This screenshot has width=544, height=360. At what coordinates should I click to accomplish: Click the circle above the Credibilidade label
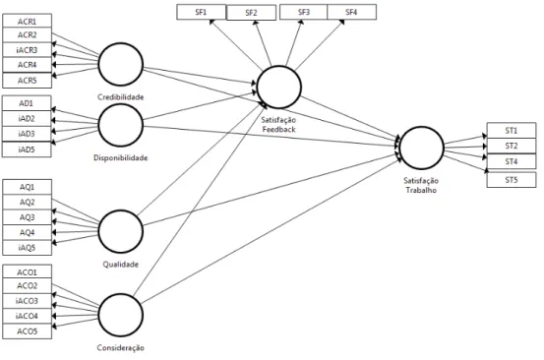pyautogui.click(x=121, y=43)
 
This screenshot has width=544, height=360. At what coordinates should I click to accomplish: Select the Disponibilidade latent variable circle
pyautogui.click(x=121, y=104)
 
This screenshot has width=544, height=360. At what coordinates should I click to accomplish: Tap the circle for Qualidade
pyautogui.click(x=121, y=210)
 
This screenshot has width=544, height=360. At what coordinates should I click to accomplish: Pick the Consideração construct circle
pyautogui.click(x=121, y=294)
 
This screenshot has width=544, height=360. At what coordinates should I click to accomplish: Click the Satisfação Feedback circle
pyautogui.click(x=279, y=66)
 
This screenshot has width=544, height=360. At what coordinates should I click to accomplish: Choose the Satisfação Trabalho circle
pyautogui.click(x=422, y=127)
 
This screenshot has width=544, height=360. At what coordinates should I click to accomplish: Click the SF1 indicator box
pyautogui.click(x=202, y=12)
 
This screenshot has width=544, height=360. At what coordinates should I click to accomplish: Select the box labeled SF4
pyautogui.click(x=351, y=12)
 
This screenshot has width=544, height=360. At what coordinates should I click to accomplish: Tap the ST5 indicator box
pyautogui.click(x=512, y=180)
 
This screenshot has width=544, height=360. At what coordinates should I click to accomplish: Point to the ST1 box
pyautogui.click(x=512, y=131)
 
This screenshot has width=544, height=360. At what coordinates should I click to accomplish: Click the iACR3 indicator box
pyautogui.click(x=28, y=50)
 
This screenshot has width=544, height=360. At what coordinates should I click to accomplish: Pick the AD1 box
pyautogui.click(x=27, y=103)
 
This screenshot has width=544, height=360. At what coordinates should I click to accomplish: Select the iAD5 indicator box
pyautogui.click(x=27, y=150)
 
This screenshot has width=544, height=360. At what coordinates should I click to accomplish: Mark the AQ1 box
pyautogui.click(x=28, y=187)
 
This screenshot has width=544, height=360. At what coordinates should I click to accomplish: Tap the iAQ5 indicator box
pyautogui.click(x=28, y=248)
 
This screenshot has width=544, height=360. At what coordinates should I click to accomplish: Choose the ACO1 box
pyautogui.click(x=28, y=272)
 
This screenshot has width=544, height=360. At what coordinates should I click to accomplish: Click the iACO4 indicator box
pyautogui.click(x=28, y=316)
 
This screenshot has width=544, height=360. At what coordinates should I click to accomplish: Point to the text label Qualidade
pyautogui.click(x=120, y=265)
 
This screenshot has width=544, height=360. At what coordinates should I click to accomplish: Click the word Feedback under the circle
pyautogui.click(x=279, y=130)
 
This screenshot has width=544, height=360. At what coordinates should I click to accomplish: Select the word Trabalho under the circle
pyautogui.click(x=421, y=190)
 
